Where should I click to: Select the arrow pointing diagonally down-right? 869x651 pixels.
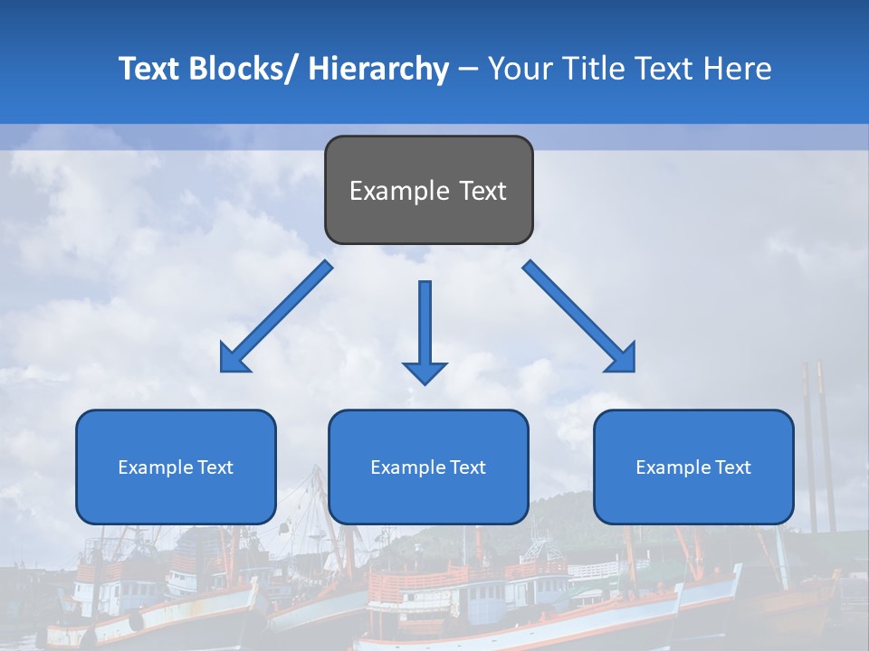pyautogui.click(x=580, y=317)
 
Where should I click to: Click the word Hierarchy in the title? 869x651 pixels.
pyautogui.click(x=378, y=69)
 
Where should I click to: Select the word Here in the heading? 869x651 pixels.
pyautogui.click(x=738, y=69)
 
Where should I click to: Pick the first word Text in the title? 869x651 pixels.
pyautogui.click(x=149, y=69)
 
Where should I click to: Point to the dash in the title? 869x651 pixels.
pyautogui.click(x=468, y=70)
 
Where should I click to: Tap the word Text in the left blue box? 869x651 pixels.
pyautogui.click(x=215, y=467)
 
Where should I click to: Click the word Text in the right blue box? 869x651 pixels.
pyautogui.click(x=733, y=467)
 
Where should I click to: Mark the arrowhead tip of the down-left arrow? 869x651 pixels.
pyautogui.click(x=223, y=370)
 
